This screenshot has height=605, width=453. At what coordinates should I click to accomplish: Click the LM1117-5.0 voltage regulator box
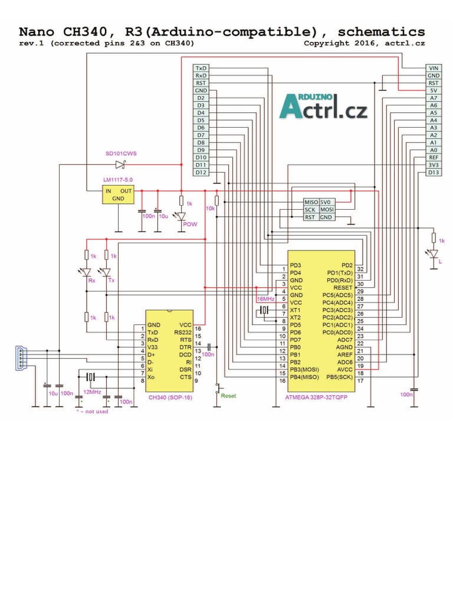pos(118,194)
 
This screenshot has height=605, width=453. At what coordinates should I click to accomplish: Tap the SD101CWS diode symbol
pos(121,164)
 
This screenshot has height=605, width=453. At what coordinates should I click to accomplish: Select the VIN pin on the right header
pos(434,69)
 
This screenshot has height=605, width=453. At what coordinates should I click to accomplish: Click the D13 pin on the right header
pos(434,173)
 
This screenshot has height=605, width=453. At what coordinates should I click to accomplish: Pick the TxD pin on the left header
pos(201,69)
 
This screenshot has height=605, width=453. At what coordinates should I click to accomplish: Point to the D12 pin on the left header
pos(201,173)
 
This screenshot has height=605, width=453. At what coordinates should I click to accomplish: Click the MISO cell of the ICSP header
pos(311,202)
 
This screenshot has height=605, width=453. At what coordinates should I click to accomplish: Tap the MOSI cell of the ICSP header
pos(327,210)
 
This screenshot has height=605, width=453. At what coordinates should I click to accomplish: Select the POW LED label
pos(190,225)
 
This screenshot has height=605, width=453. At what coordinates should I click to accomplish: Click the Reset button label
pos(228,396)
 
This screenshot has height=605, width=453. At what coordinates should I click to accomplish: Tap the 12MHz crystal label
pos(91,392)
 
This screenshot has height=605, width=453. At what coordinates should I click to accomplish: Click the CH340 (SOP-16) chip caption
pos(170,398)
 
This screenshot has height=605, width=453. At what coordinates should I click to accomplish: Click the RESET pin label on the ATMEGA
pos(343,288)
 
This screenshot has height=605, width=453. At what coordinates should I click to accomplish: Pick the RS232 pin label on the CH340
pos(185,333)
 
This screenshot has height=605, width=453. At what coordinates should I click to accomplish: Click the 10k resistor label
pos(210,209)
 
